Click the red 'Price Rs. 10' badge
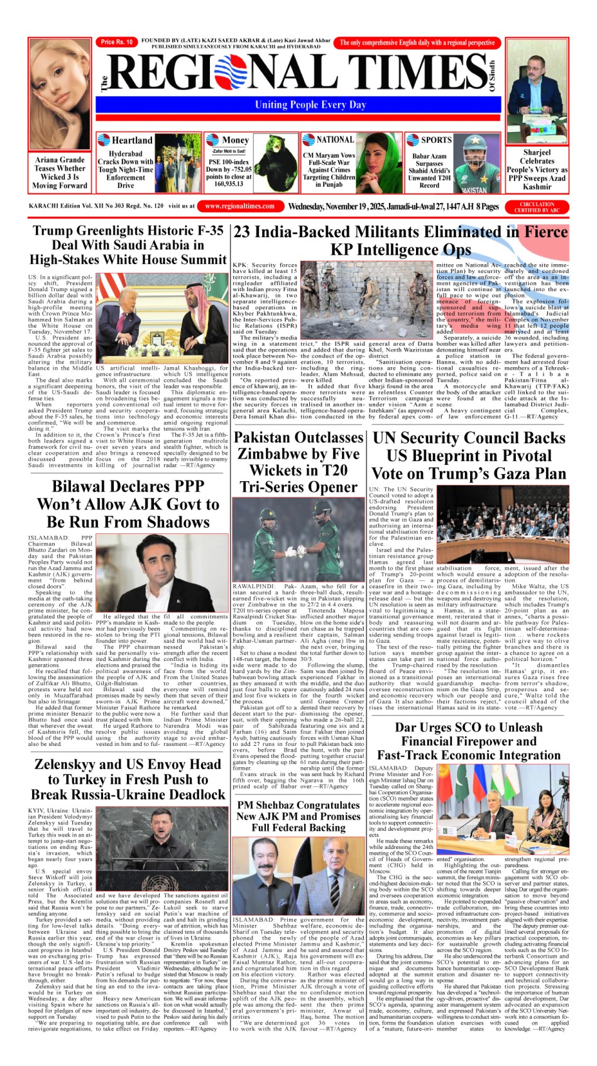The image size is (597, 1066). (117, 42)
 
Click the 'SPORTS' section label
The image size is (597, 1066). (435, 140)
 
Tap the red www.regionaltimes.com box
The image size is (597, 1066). (239, 206)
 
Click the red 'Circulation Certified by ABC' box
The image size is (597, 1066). (537, 207)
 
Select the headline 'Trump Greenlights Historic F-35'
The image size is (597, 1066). (128, 231)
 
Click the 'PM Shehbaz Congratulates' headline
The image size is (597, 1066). (298, 804)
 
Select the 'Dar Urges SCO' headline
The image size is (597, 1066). (468, 728)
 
